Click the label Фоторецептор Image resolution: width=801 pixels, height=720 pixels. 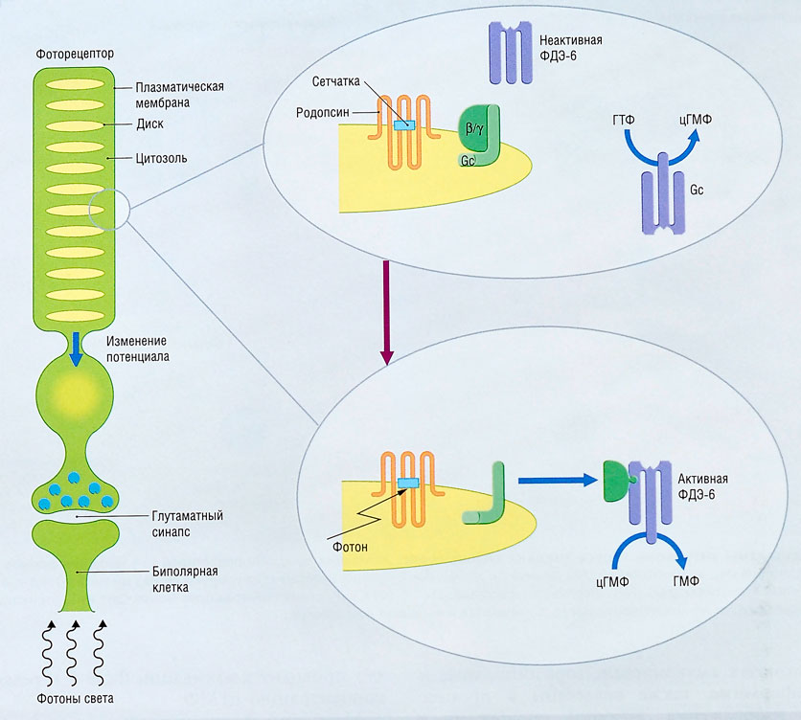(73, 55)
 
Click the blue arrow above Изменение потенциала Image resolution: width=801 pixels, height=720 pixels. (74, 349)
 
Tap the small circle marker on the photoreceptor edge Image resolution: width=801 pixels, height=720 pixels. (105, 210)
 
